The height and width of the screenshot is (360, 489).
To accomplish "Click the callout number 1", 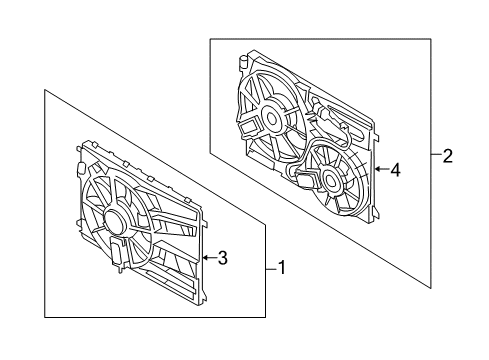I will point(281,267).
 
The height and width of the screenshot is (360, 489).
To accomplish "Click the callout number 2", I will point(447,155).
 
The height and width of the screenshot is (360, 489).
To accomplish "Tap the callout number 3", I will point(223,258).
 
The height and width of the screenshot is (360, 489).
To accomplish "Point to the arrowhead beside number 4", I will point(378,170).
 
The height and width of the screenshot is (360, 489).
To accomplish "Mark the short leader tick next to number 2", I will point(435,155).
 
